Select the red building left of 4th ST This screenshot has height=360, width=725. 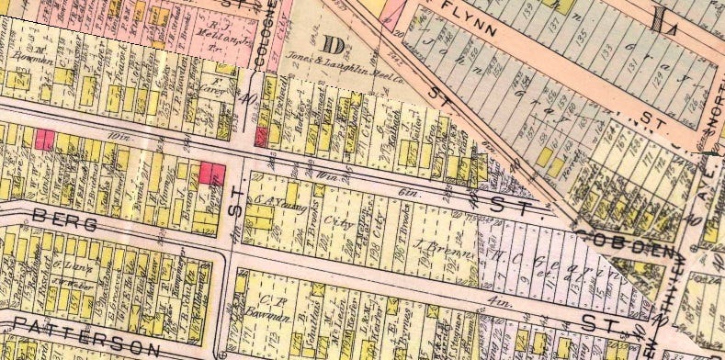(211, 171)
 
